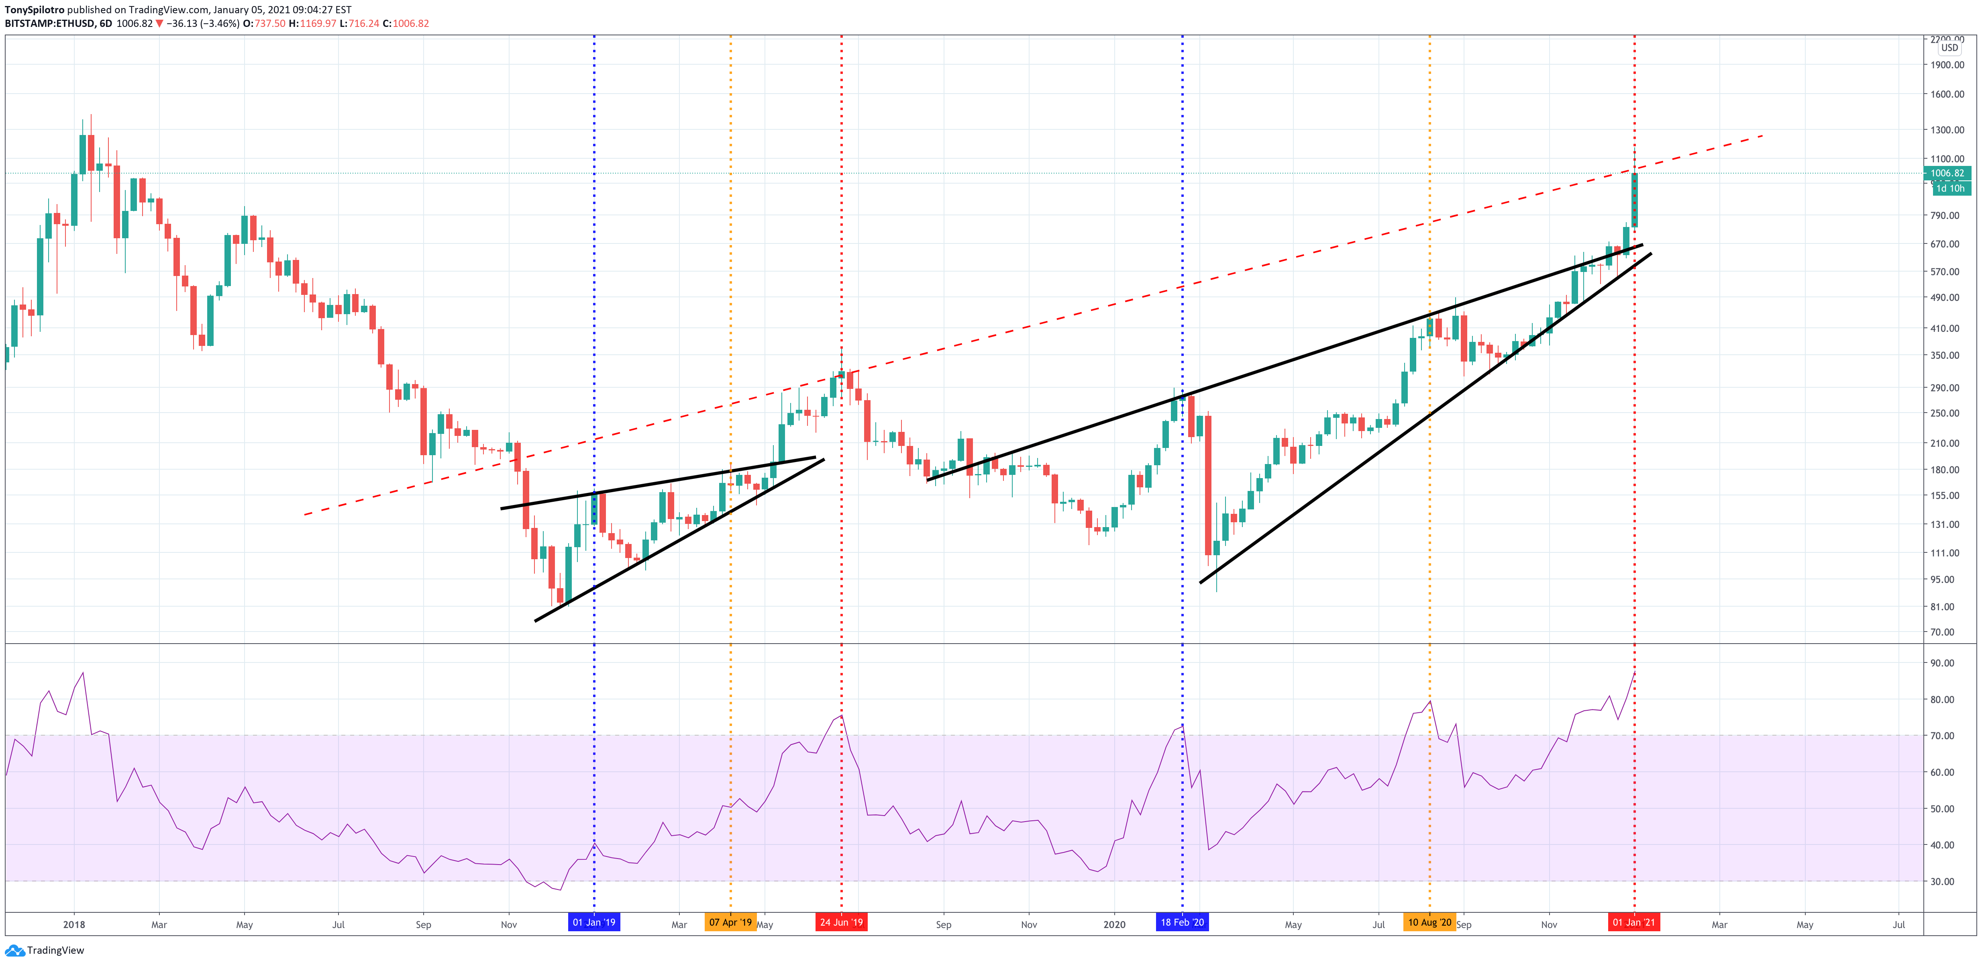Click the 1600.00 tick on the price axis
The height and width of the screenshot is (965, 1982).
(x=1947, y=94)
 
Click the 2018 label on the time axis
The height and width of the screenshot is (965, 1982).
(x=74, y=924)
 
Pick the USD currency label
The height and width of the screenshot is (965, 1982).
(x=1949, y=48)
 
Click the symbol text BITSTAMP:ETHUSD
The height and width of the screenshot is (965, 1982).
(x=49, y=23)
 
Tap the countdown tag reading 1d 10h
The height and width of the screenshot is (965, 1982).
(x=1950, y=188)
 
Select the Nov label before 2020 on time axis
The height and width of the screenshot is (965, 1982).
(x=1029, y=924)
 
